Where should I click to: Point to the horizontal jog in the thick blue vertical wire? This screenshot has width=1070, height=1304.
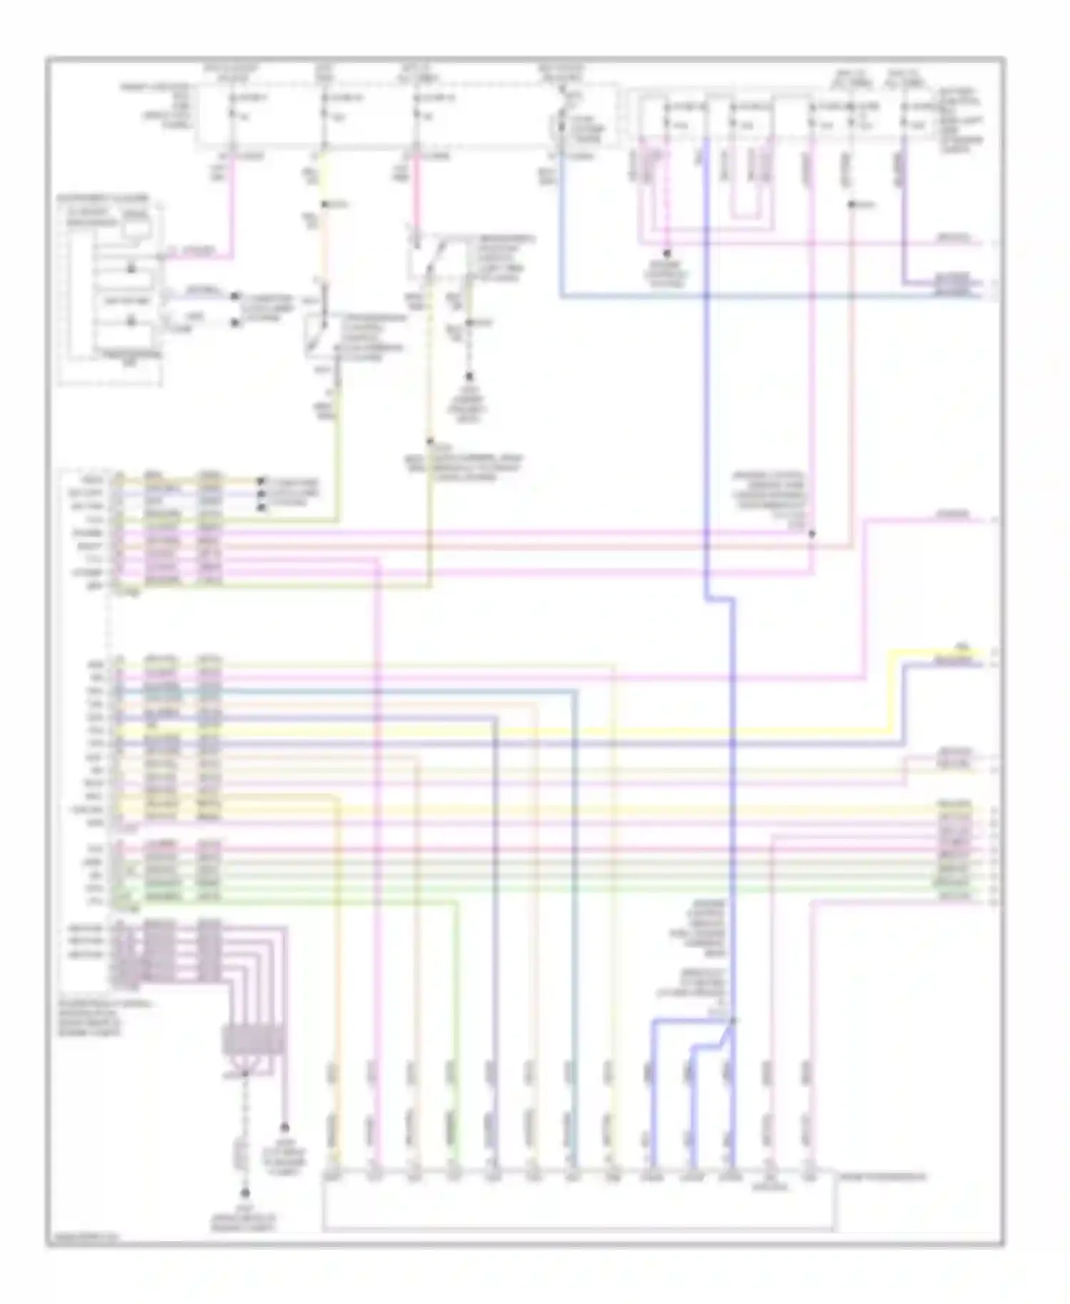719,599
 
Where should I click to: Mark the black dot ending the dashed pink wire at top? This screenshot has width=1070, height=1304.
667,253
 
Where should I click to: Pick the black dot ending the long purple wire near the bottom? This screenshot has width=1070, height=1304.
284,1128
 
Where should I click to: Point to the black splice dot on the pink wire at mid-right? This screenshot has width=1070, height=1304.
812,533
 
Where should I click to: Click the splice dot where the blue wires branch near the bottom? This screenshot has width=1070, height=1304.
732,1021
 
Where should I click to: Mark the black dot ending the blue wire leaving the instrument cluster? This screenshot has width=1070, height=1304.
235,295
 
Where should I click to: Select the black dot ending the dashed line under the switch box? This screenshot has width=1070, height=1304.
469,376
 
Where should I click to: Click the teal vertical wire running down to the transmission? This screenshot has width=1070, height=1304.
575,927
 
